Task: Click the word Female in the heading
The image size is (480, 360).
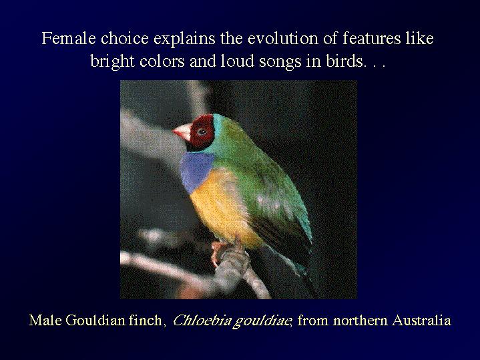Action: [x=69, y=39]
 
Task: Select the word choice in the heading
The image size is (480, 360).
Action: [x=125, y=39]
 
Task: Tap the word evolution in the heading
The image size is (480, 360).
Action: [x=282, y=39]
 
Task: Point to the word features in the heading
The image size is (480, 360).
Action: [x=372, y=39]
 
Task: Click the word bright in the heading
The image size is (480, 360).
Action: [x=112, y=61]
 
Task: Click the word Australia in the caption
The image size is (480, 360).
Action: [x=421, y=321]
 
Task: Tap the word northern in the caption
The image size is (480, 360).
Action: [x=361, y=321]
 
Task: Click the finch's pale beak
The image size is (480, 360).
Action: [x=182, y=132]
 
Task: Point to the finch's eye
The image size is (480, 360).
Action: [x=202, y=132]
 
